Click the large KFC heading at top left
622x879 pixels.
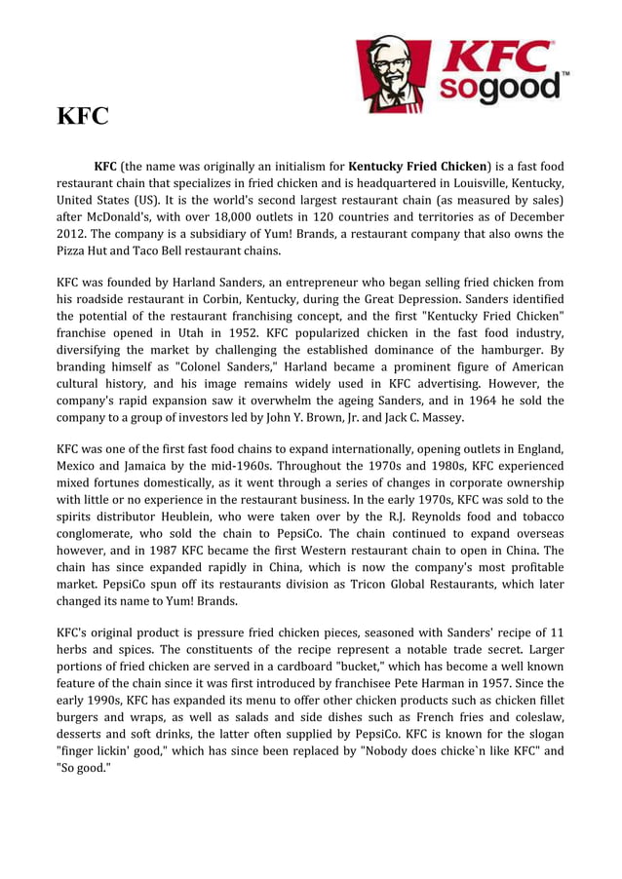[x=83, y=118]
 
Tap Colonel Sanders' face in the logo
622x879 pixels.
[x=387, y=69]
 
